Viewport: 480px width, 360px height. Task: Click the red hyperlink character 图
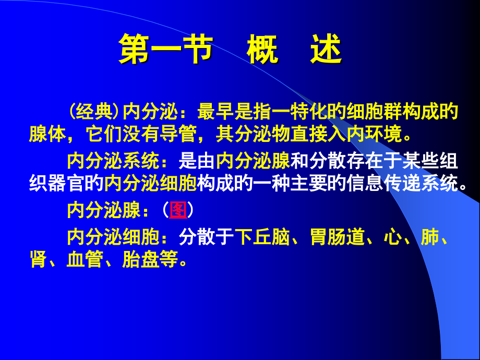pyautogui.click(x=178, y=210)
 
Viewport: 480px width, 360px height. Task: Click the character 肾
pyautogui.click(x=38, y=259)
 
